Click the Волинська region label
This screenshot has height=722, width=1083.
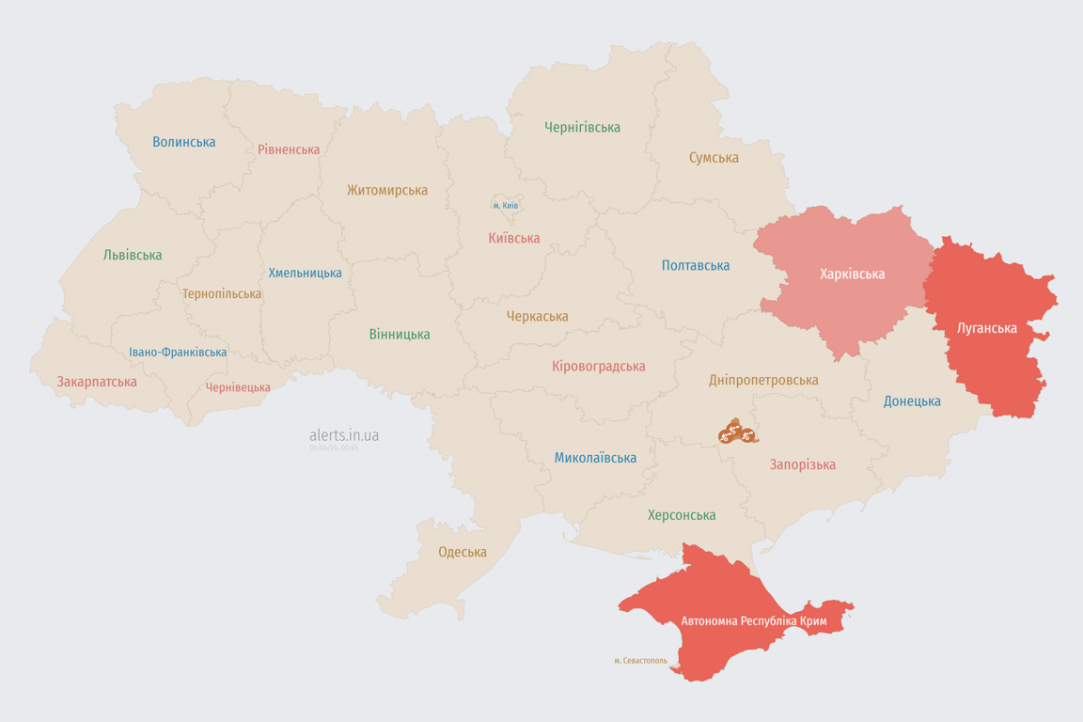pos(184,142)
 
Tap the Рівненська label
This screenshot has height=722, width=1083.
pos(289,149)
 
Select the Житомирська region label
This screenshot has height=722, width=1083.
pos(386,190)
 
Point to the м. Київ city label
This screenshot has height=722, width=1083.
pos(505,205)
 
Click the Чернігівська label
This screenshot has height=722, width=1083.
pos(582,127)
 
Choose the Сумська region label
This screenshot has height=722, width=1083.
pos(714,158)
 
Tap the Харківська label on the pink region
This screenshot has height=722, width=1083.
pos(852,275)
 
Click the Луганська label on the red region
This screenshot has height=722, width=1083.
pos(986,328)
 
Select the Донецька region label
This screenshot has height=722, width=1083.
pos(912,401)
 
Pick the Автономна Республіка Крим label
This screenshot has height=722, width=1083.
pos(754,621)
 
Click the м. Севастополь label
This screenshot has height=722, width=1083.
pos(640,661)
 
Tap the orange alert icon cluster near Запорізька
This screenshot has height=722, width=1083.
pos(738,432)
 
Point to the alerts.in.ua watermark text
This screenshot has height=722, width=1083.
pos(344,435)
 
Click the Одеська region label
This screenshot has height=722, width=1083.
pos(463,552)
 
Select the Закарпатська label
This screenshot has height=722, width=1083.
pos(97,382)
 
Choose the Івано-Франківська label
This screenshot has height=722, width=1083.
pos(178,353)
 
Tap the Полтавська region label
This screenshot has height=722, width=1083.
pos(696,266)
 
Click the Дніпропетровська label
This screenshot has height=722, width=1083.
pos(763,380)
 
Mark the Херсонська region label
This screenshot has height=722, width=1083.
pos(682,515)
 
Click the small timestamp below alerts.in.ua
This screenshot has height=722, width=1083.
pos(333,448)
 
